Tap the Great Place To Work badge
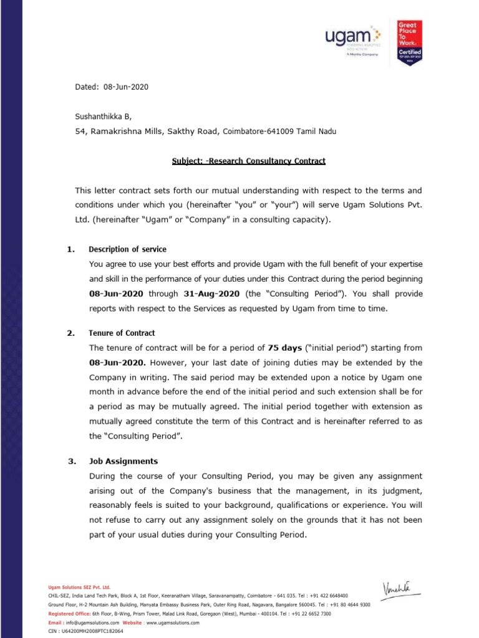pyautogui.click(x=410, y=42)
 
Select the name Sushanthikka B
pyautogui.click(x=104, y=116)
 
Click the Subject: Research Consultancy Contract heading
pyautogui.click(x=248, y=161)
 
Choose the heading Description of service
pyautogui.click(x=127, y=249)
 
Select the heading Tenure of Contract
pyautogui.click(x=122, y=333)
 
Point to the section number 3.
pyautogui.click(x=71, y=462)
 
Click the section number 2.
pyautogui.click(x=71, y=333)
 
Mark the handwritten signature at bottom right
pyautogui.click(x=395, y=587)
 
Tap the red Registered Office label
pyautogui.click(x=70, y=614)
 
